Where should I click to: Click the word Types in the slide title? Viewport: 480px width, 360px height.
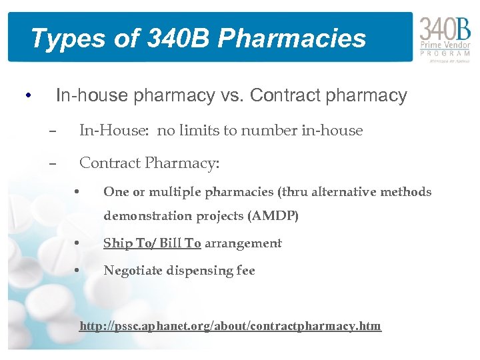[x=59, y=39]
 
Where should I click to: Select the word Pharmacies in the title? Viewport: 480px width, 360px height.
[x=292, y=39]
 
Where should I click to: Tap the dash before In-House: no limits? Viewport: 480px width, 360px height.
[x=53, y=131]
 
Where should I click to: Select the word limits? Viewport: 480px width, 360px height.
[x=199, y=131]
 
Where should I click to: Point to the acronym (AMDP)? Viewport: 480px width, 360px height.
[x=274, y=217]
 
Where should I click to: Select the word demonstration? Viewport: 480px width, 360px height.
[x=148, y=217]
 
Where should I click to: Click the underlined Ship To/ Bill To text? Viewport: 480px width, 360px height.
[x=152, y=243]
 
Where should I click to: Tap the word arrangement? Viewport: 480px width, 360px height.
[x=243, y=243]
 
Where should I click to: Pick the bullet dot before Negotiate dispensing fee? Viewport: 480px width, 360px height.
[x=79, y=271]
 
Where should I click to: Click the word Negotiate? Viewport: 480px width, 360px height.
[x=135, y=271]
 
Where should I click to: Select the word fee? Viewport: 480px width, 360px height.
[x=245, y=271]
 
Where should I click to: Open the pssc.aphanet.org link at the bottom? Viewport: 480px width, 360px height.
[x=230, y=326]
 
